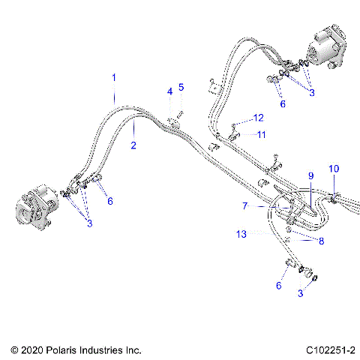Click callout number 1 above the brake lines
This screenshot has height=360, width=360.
pyautogui.click(x=114, y=77)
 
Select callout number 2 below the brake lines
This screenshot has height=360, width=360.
pyautogui.click(x=133, y=145)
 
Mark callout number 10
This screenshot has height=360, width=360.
pyautogui.click(x=334, y=168)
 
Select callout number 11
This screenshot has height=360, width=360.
pyautogui.click(x=262, y=134)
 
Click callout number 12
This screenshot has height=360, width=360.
pyautogui.click(x=259, y=118)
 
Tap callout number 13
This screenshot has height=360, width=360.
pyautogui.click(x=241, y=235)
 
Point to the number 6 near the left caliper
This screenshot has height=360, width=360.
pyautogui.click(x=110, y=201)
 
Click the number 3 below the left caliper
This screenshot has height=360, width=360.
pyautogui.click(x=90, y=224)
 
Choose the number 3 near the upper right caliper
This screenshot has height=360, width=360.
pyautogui.click(x=311, y=92)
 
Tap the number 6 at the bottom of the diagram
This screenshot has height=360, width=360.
pyautogui.click(x=280, y=286)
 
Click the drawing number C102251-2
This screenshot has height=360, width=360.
pyautogui.click(x=325, y=350)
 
